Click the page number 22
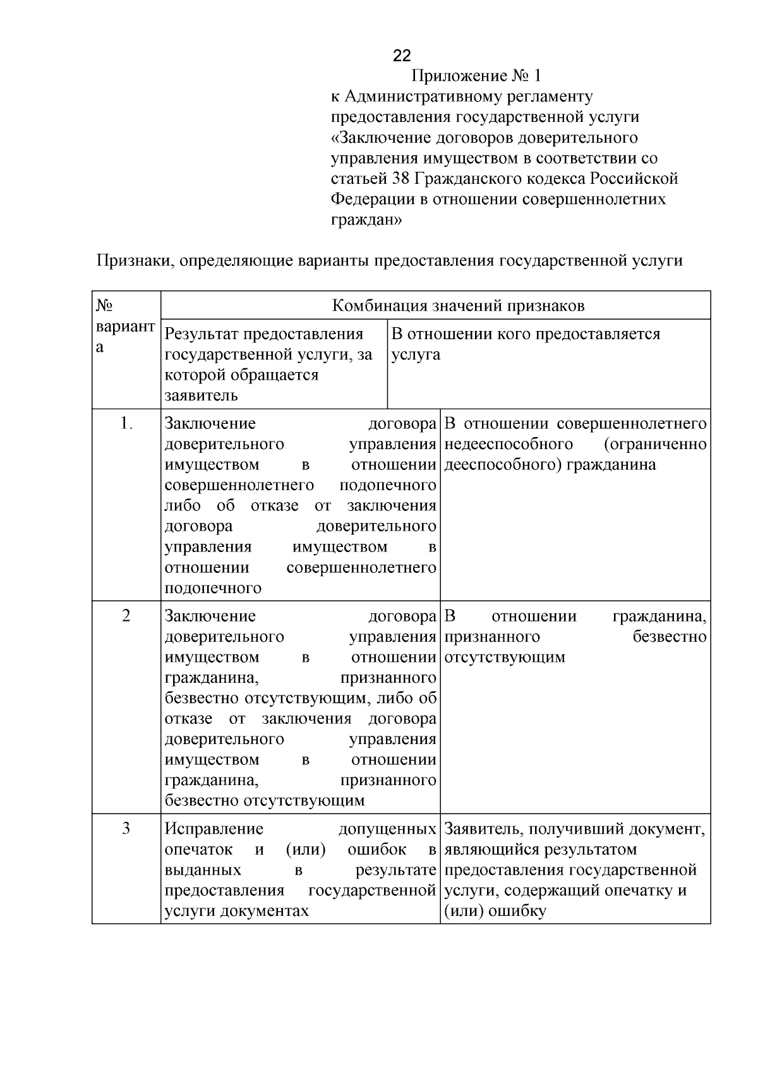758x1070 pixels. pos(402,56)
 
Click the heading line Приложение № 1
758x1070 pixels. pos(476,76)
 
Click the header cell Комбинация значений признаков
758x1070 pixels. pos(458,306)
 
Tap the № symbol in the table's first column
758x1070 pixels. pos(104,306)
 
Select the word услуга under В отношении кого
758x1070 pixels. pos(416,354)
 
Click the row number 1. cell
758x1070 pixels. pos(126,423)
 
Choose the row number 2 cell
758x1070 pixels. pos(126,616)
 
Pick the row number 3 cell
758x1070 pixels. pos(126,829)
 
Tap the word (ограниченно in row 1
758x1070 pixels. pos(655,444)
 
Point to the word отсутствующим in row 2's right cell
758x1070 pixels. pos(504,657)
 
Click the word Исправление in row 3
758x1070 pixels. pos(214,829)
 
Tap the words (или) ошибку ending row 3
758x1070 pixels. pos(495,911)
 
